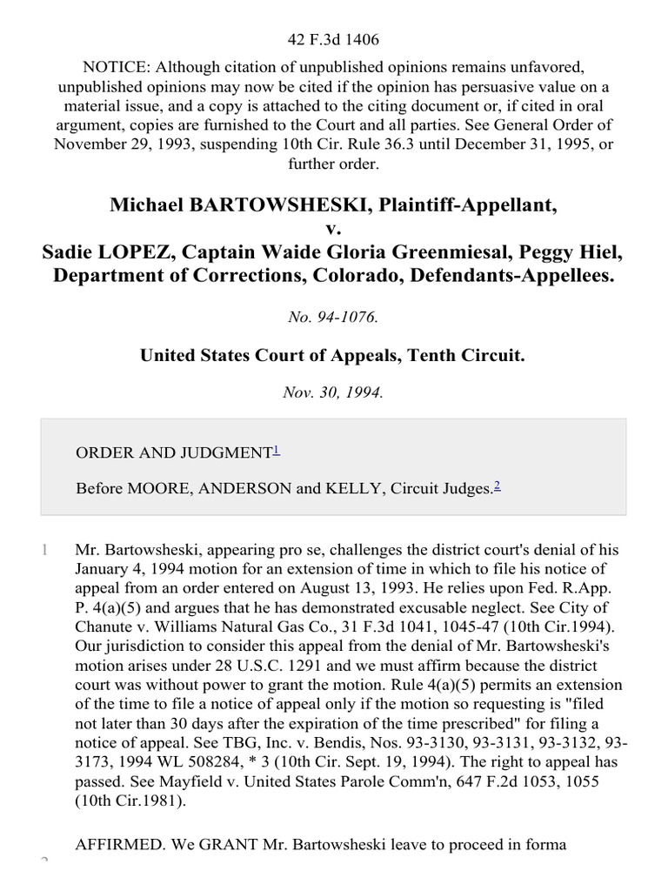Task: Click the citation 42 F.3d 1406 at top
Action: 333,39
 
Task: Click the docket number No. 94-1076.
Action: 333,318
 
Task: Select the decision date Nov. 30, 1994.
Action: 333,392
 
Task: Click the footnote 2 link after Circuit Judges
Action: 497,486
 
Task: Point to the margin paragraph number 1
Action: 43,550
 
